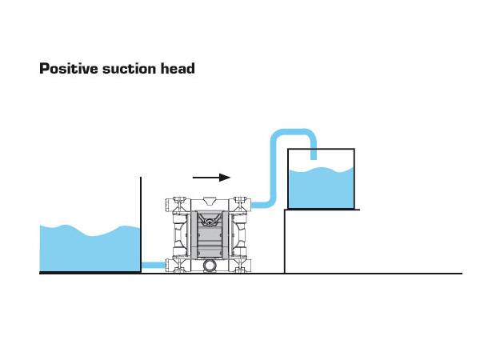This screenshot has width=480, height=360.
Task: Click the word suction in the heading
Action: [127, 69]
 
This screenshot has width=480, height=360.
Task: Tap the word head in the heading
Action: [178, 69]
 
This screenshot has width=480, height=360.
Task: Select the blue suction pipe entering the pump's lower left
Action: [153, 265]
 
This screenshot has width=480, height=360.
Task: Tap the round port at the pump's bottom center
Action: [209, 265]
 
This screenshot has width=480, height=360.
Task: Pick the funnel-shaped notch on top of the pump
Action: [209, 201]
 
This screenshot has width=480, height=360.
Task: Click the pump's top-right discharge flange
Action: [242, 205]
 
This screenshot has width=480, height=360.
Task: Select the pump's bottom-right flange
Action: [242, 265]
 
